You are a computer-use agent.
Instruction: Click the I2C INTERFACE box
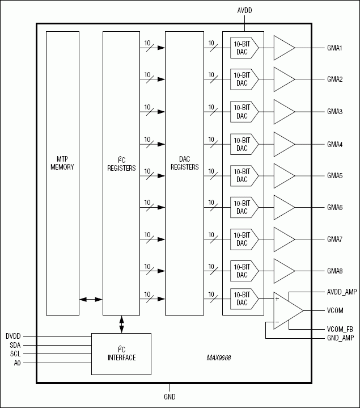121,354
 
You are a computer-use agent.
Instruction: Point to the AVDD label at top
244,10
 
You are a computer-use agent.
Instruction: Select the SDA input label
15,344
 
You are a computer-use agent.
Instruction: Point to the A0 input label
17,363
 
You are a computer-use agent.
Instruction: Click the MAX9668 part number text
219,359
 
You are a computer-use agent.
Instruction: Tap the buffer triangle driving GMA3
284,111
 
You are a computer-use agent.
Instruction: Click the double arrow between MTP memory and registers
91,299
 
